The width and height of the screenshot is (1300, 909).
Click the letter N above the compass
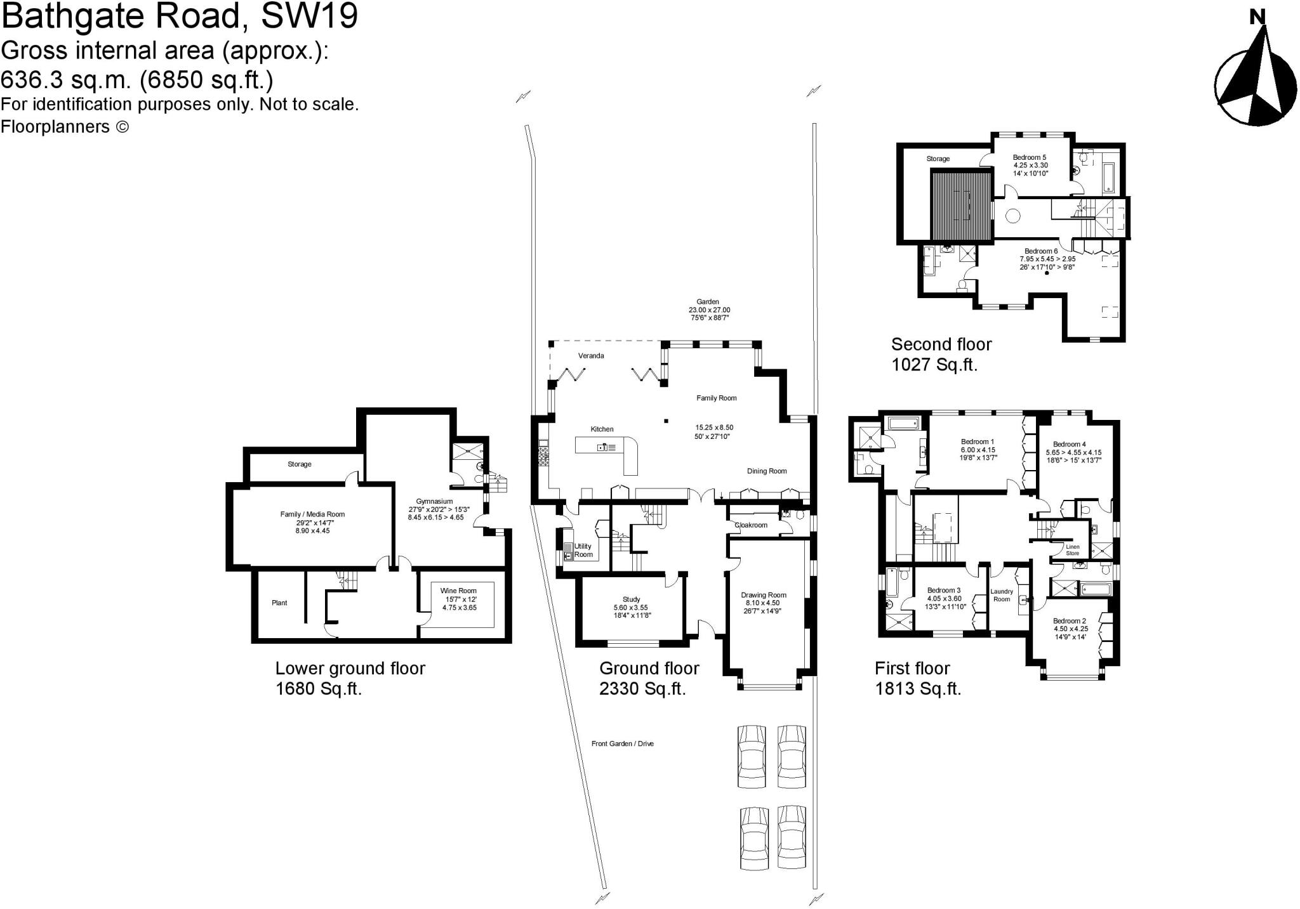click(x=1257, y=17)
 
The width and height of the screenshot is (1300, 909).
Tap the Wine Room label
click(x=458, y=591)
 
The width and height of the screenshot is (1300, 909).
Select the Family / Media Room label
click(x=312, y=514)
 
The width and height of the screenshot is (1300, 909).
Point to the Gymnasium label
click(x=434, y=501)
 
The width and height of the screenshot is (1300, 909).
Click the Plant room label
click(x=279, y=603)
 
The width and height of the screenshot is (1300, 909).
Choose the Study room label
click(x=631, y=599)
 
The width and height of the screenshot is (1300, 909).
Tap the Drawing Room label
click(x=764, y=595)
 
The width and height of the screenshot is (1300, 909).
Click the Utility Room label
click(x=583, y=550)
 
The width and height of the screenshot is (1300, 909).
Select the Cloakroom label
click(x=751, y=525)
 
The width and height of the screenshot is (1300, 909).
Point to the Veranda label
click(x=591, y=356)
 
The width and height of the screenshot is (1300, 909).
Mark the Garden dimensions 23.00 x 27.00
click(x=709, y=310)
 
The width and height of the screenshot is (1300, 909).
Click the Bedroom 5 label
click(x=1029, y=157)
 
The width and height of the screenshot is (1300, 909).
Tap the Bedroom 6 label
click(x=1041, y=251)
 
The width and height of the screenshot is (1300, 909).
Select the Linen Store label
click(x=1072, y=550)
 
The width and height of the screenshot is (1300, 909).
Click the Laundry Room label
click(x=1002, y=595)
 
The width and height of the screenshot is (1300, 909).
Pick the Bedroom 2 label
click(x=1069, y=621)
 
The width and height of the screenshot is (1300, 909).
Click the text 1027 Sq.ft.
click(x=934, y=365)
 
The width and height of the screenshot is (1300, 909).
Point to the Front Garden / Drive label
click(x=622, y=743)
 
